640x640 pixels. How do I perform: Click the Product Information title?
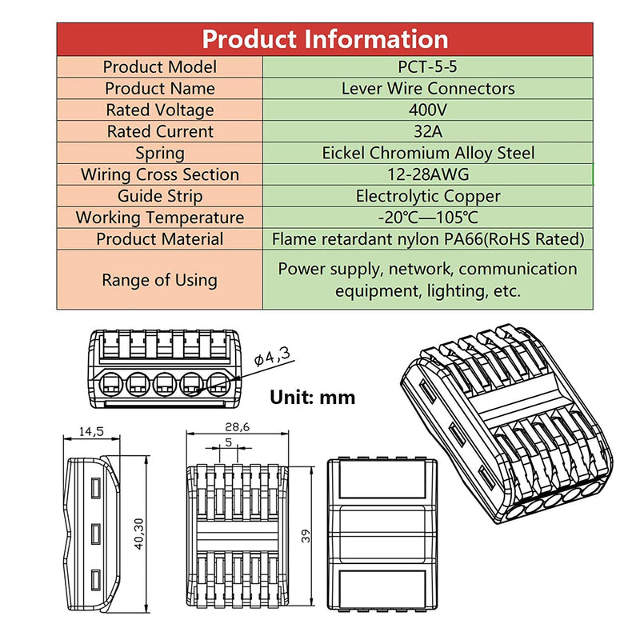[x=325, y=38]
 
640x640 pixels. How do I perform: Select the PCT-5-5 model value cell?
[x=428, y=66]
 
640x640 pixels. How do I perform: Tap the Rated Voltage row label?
[x=160, y=110]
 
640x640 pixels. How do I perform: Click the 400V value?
[x=428, y=110]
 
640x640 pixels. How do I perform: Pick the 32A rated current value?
[x=428, y=131]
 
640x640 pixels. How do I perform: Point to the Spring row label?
[x=160, y=153]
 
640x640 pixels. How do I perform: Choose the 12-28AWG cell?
[x=428, y=174]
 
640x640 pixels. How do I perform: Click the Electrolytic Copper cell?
[x=428, y=196]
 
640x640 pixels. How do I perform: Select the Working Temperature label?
[x=160, y=218]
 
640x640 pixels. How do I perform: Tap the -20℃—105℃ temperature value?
[x=428, y=218]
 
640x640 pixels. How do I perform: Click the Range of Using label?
[x=160, y=280]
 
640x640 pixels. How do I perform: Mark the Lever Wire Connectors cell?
[x=428, y=88]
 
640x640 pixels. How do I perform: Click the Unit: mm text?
[x=312, y=396]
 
